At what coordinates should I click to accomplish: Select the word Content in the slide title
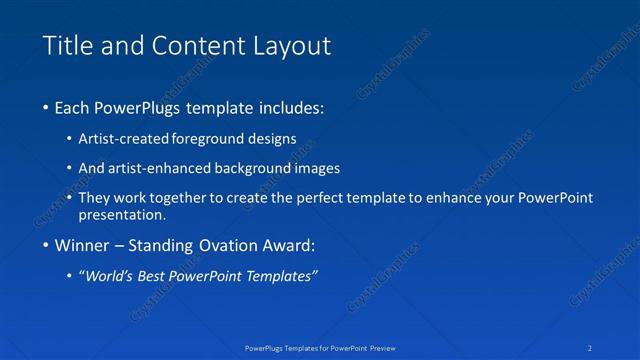[x=195, y=46]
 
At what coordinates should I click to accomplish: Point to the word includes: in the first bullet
[x=288, y=107]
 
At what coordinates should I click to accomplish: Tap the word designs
[x=272, y=139]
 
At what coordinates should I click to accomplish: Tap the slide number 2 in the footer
[x=590, y=348]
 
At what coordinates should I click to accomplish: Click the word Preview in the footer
[x=382, y=348]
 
